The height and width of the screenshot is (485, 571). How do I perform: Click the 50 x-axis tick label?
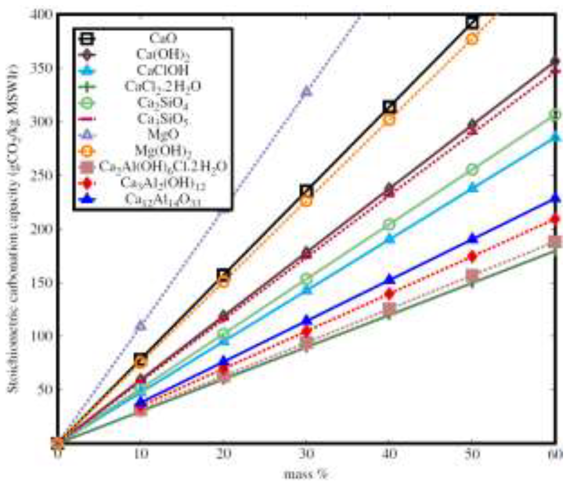472,454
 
